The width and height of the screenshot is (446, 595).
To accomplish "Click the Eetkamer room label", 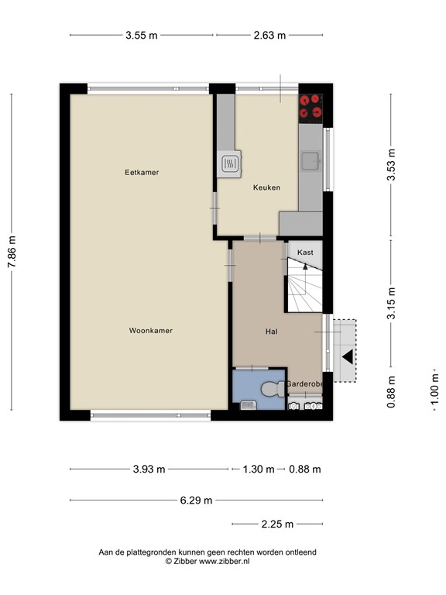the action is coord(142,172).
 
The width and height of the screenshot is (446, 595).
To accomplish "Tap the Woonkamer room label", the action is coord(150,331).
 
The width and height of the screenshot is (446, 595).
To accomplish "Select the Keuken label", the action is coord(266,187).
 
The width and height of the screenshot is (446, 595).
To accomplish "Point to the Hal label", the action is coord(272,332).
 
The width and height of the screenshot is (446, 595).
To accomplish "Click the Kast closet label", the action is coord(305,253).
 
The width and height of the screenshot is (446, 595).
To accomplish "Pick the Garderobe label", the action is coord(304,384).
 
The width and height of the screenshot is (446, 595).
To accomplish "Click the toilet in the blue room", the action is coord(273,389).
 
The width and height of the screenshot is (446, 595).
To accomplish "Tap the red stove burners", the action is coord(310,107).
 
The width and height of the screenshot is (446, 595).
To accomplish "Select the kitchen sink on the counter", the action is coord(311,161).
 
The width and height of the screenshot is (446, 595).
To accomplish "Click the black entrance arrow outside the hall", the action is coord(348,356).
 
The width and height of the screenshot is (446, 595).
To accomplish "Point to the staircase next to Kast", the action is coord(304,285).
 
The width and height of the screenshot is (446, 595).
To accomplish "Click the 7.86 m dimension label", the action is coord(12,252).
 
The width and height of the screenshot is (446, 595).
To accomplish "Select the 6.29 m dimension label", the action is coord(196,500).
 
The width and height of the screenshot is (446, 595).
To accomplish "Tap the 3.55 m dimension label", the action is coord(142,36).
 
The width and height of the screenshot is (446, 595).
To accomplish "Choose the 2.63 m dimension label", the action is coord(269,36).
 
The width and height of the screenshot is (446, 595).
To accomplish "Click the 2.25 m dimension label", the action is coord(277,524).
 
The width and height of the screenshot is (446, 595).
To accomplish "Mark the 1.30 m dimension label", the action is coord(259,469).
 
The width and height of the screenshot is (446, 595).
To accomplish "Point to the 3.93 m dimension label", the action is coord(149,469).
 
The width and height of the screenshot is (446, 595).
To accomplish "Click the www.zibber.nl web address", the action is coord(224,561).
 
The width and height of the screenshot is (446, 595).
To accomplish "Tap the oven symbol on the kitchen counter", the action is coord(229,163).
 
